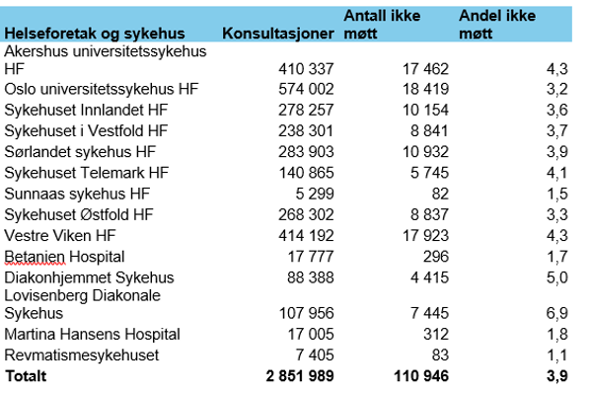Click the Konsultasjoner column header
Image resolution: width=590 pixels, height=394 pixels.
(x=277, y=34)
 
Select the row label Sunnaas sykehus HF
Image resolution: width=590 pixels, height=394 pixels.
(x=77, y=193)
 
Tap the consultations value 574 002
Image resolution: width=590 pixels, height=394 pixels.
(x=305, y=89)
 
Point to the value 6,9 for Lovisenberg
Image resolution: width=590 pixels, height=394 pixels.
(x=557, y=313)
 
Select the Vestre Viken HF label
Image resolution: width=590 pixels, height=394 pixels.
(x=61, y=235)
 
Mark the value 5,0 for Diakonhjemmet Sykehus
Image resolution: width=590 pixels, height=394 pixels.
(x=557, y=277)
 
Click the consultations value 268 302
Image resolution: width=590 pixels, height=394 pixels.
(x=305, y=214)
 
